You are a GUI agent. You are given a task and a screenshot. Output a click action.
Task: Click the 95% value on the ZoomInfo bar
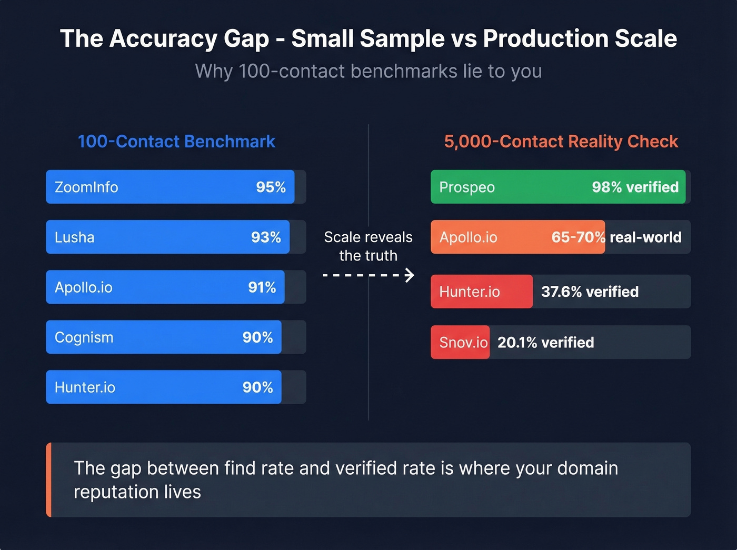(271, 187)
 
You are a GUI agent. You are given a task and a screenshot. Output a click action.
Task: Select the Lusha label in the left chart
(74, 237)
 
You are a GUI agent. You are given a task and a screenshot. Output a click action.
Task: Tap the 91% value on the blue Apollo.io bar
(262, 287)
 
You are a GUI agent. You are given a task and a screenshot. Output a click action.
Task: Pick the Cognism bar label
(84, 337)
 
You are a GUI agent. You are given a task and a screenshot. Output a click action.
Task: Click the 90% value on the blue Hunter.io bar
(257, 387)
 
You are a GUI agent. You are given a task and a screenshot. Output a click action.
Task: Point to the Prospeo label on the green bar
(467, 187)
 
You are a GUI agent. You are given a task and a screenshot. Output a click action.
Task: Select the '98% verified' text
(635, 187)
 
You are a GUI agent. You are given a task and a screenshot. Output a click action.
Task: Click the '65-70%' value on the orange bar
(578, 237)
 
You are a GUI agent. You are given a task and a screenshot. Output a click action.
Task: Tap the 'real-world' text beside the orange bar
(645, 237)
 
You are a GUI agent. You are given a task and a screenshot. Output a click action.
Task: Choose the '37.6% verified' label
(590, 292)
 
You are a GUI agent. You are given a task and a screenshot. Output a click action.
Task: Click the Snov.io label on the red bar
(463, 343)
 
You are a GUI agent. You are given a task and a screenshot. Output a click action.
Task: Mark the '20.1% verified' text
(545, 343)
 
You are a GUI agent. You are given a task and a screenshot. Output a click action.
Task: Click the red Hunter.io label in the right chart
(470, 292)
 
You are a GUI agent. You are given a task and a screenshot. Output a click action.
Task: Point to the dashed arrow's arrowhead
(410, 275)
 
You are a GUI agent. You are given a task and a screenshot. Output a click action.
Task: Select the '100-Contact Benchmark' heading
(176, 142)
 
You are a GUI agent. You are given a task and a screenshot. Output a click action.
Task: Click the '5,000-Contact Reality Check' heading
(561, 142)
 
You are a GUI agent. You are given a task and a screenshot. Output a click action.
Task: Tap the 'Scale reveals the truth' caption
(368, 246)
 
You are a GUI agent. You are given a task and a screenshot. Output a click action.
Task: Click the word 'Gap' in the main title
(246, 39)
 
